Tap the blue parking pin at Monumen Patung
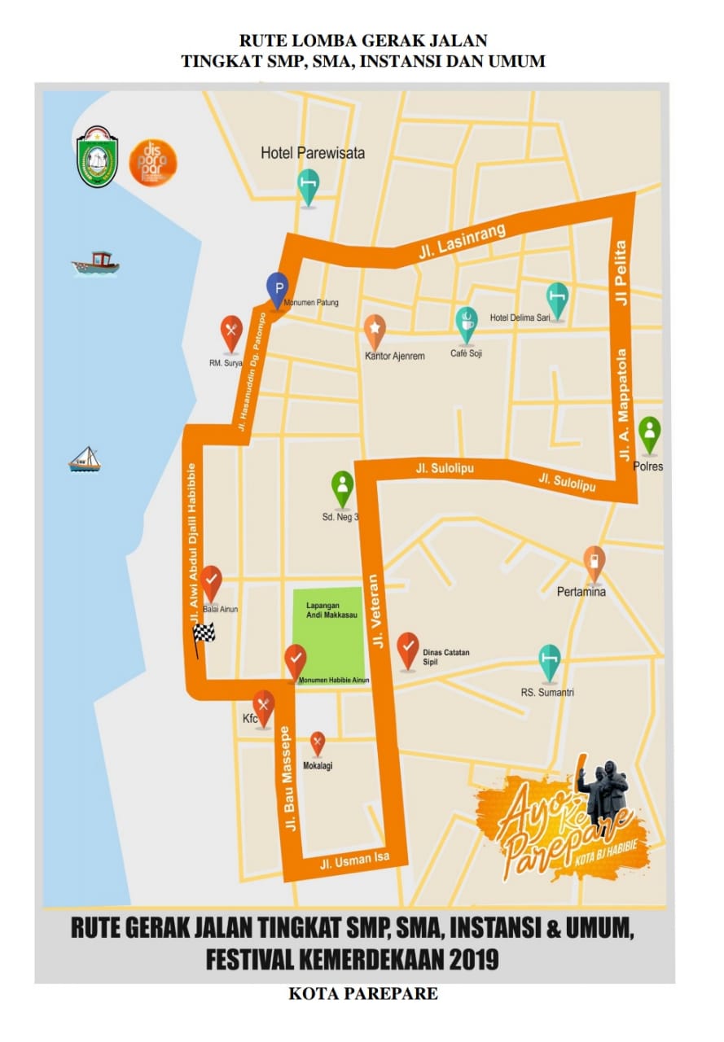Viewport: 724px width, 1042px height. tap(279, 288)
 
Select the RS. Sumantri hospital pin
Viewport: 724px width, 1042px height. tap(551, 660)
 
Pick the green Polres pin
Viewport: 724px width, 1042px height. tap(649, 432)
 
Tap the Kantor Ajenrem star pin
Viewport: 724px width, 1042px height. tap(375, 330)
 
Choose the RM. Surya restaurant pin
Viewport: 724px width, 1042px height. tap(232, 331)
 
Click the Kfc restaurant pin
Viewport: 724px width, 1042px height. tap(262, 705)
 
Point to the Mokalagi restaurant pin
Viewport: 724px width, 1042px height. tap(318, 742)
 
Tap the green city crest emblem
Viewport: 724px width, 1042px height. tap(98, 156)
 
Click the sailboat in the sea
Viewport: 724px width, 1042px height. tap(84, 460)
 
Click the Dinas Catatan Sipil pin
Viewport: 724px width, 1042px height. tap(408, 648)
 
